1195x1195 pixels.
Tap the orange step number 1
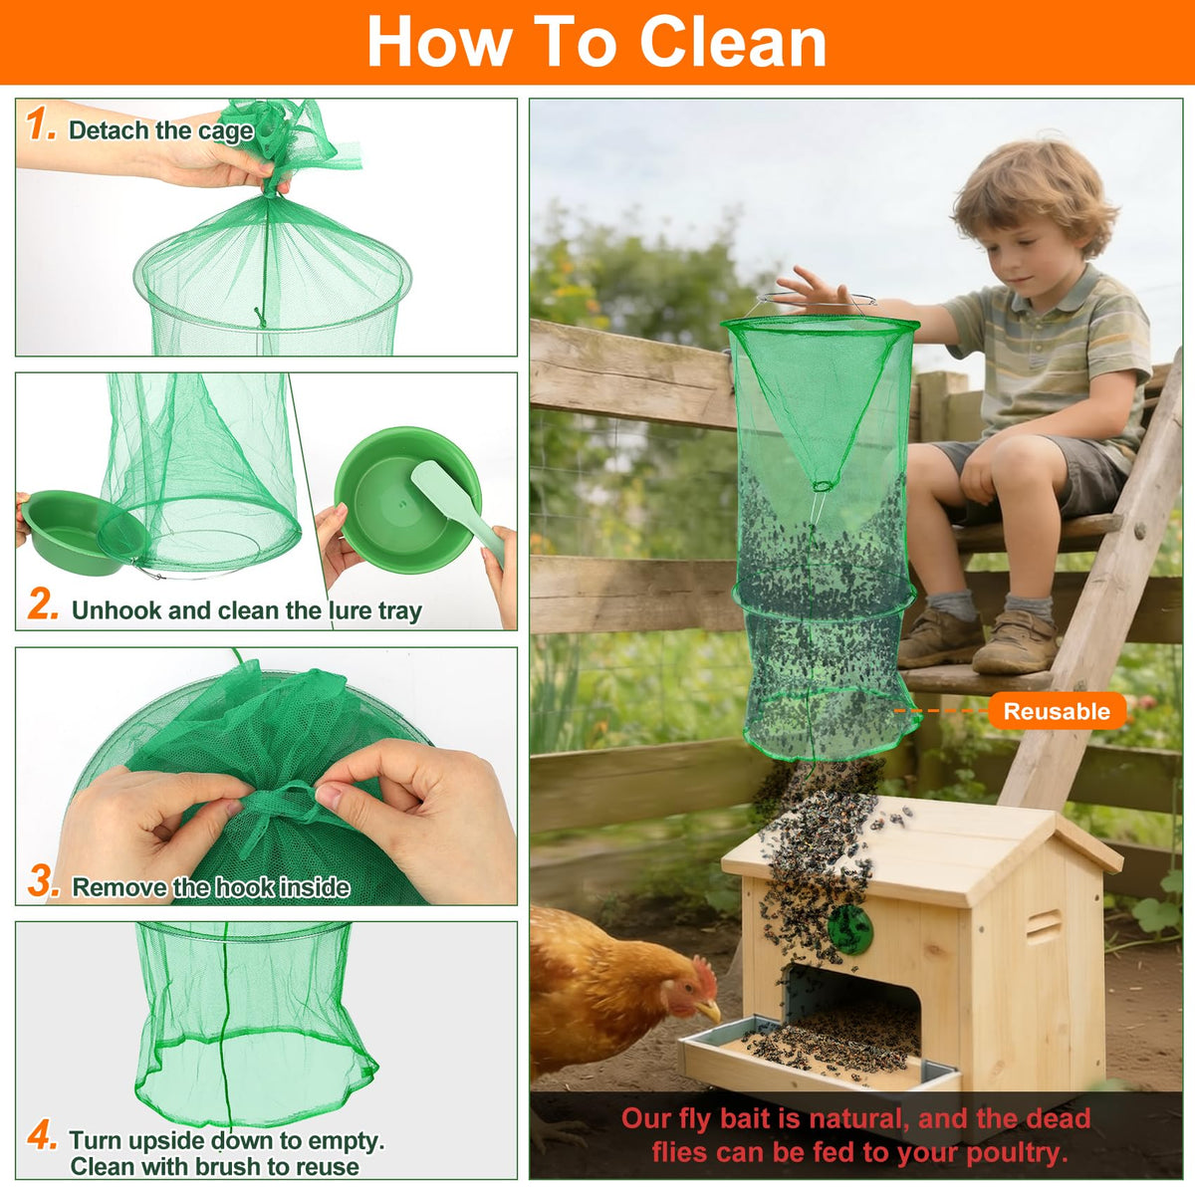40,124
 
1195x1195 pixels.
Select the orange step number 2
43,603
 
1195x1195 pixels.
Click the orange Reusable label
1057,711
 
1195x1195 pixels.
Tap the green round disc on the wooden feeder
849,929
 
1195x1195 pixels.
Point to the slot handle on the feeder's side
1044,926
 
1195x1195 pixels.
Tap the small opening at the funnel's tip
823,486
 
